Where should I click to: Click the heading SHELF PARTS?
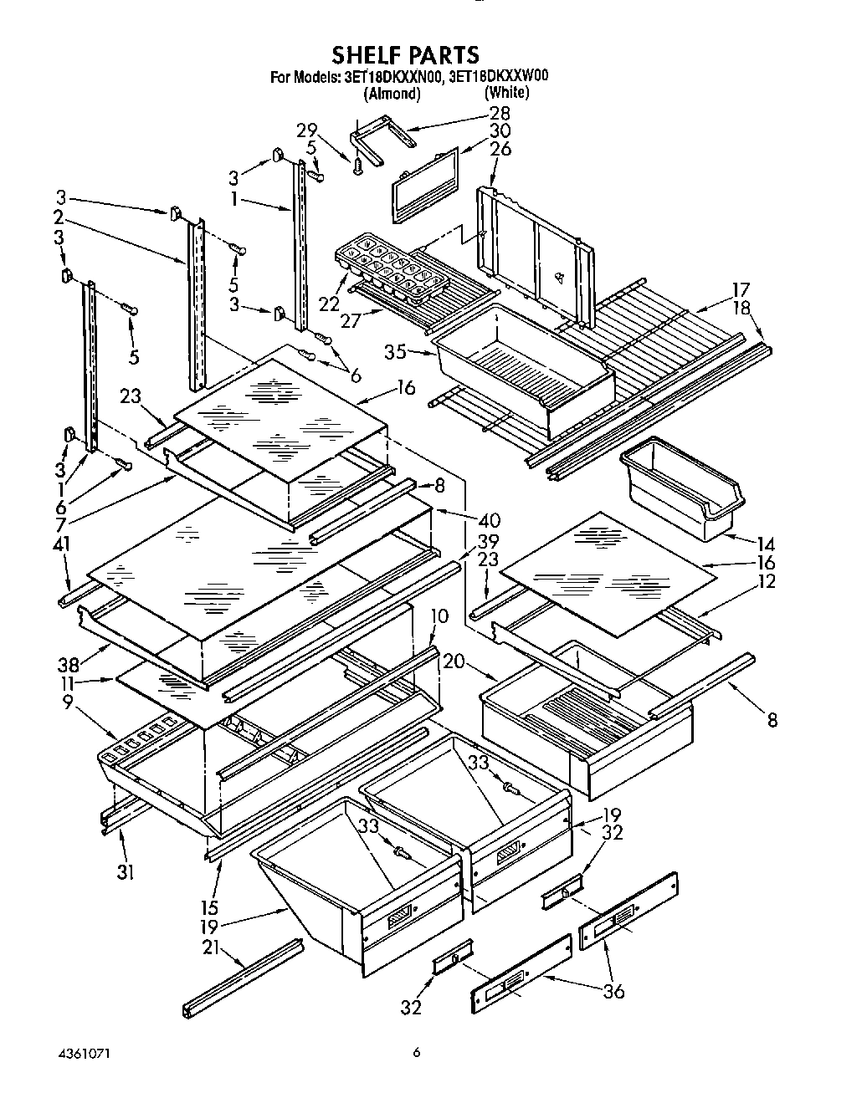(405, 55)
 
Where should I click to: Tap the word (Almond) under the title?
(391, 93)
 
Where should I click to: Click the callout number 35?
(396, 351)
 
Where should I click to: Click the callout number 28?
(499, 113)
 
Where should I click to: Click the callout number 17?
(740, 290)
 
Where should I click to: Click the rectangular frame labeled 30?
(425, 182)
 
